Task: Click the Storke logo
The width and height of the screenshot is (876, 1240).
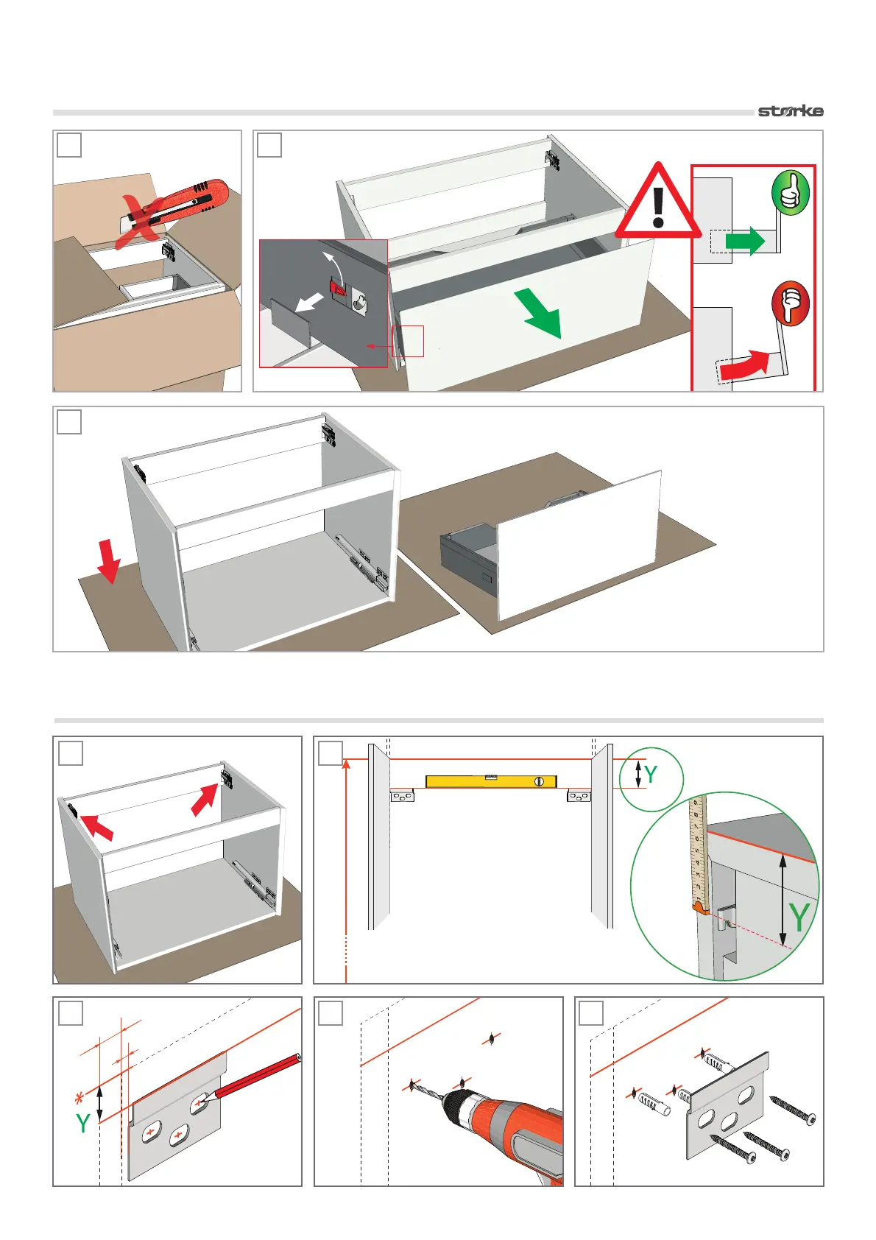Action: coord(791,111)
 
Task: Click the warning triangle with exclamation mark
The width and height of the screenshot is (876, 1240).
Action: coord(658,203)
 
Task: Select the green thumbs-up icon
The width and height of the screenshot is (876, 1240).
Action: coord(790,193)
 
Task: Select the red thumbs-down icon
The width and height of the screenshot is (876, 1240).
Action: coord(790,303)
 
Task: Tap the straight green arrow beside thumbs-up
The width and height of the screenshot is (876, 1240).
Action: coord(745,242)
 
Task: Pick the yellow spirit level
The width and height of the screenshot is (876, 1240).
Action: coord(491,781)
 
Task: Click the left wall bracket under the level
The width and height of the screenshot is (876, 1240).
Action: coord(402,795)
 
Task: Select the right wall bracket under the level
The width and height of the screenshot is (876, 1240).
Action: coord(579,795)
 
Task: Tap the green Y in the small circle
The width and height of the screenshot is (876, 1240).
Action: coord(650,775)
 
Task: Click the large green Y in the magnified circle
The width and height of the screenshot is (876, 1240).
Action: coord(799,918)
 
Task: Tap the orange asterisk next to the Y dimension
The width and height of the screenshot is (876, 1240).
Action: coord(80,1100)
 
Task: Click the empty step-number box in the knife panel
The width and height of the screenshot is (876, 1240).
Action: coord(69,145)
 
